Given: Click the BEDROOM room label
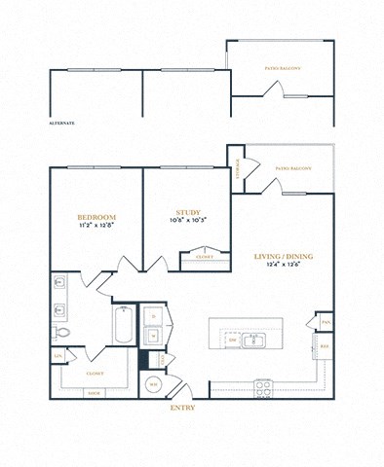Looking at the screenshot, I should click(x=97, y=216).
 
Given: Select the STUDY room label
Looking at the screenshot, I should click(x=188, y=212).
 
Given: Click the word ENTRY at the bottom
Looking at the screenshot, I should click(x=182, y=408).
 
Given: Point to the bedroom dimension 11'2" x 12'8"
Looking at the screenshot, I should click(x=97, y=226).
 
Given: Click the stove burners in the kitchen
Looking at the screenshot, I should click(x=263, y=386).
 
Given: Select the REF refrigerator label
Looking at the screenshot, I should click(x=324, y=345).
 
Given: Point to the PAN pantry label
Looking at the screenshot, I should click(x=324, y=321).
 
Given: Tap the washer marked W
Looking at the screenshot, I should click(x=155, y=336).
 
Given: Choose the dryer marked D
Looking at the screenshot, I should click(x=155, y=315).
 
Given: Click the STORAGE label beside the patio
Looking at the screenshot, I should click(x=236, y=168).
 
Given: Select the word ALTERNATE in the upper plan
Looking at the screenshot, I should click(x=61, y=124).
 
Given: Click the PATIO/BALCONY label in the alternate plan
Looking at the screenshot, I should click(x=283, y=69).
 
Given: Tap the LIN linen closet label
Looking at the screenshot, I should click(x=58, y=356).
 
